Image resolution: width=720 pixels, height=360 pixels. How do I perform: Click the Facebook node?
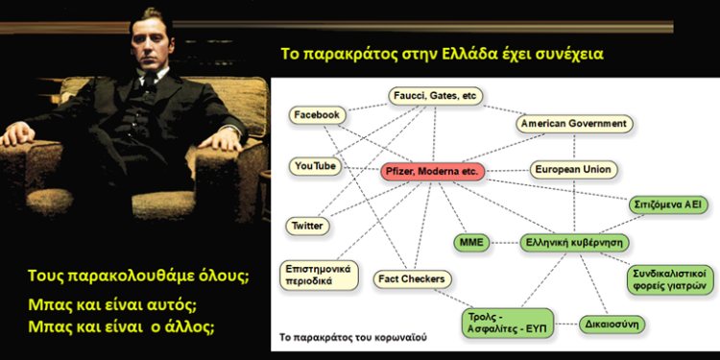(317, 115)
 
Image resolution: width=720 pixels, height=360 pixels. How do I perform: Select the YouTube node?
(314, 166)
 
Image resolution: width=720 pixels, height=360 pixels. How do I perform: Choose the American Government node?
(574, 124)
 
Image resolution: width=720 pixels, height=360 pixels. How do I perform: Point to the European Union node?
(573, 170)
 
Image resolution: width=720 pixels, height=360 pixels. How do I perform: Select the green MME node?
(472, 241)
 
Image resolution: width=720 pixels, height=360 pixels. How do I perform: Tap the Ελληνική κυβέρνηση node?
(574, 241)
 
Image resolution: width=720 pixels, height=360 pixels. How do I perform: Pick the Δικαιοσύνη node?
(613, 324)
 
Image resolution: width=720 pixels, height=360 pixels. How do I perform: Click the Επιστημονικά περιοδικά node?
(314, 274)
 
